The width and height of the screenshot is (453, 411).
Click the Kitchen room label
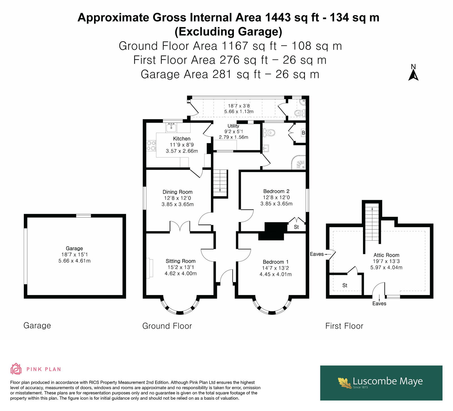[182, 139]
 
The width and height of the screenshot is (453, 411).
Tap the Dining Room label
[178, 192]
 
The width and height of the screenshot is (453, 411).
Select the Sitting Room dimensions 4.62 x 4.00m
[181, 274]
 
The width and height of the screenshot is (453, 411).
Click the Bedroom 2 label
[276, 191]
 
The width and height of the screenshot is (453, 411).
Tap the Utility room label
[233, 126]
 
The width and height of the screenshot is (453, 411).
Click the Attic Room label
[386, 255]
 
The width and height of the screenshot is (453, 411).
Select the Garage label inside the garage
[74, 248]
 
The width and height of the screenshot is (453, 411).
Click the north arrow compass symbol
[413, 73]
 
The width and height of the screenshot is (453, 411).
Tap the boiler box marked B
[303, 133]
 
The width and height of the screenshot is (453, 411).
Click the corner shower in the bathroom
[299, 162]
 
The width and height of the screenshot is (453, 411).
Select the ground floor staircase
[220, 183]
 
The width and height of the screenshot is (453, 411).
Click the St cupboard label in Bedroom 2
[296, 227]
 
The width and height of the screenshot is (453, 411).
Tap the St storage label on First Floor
[345, 285]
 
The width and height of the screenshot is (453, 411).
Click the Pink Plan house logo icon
[16, 369]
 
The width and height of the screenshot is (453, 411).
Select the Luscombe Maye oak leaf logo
[345, 382]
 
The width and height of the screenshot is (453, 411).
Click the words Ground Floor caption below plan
[167, 326]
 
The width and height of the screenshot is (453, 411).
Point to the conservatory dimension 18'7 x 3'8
[239, 105]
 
